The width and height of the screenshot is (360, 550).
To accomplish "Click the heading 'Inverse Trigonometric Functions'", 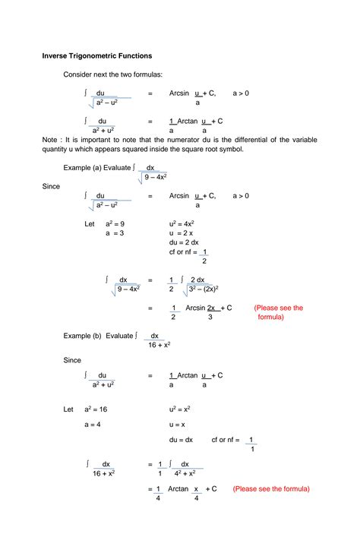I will click(x=96, y=55).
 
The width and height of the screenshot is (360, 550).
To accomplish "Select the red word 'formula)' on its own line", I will click(x=270, y=318).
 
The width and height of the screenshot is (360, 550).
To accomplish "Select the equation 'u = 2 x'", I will click(x=181, y=233).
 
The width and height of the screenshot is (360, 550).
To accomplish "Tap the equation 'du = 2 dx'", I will click(x=185, y=242).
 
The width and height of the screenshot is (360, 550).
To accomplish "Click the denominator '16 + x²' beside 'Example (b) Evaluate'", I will click(x=156, y=345).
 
